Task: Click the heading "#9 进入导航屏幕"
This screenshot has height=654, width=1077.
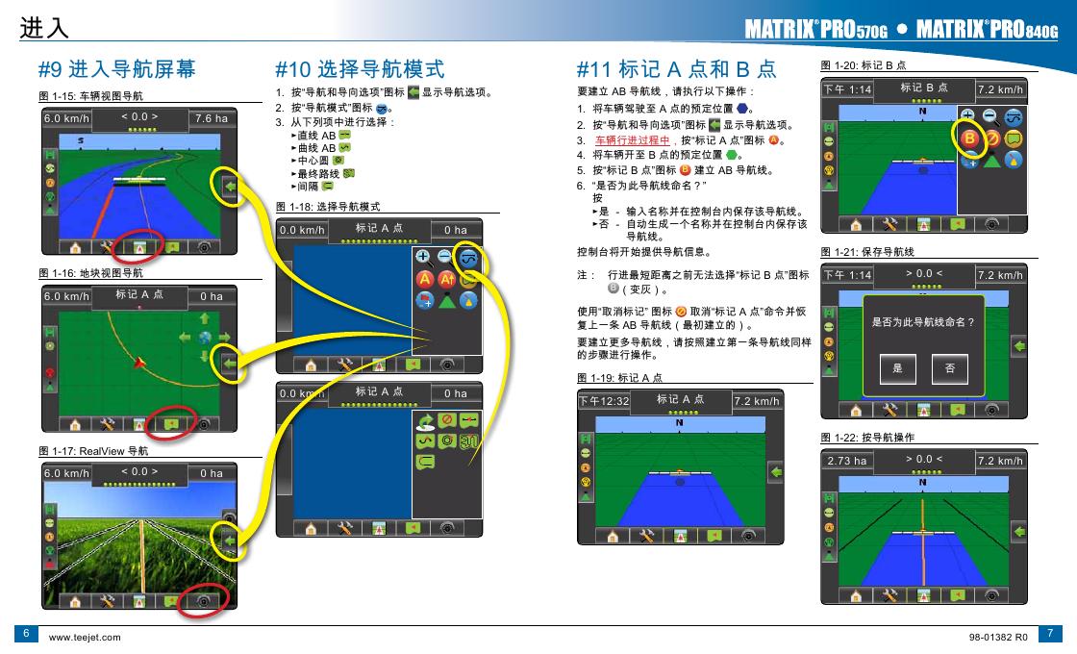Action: tap(117, 68)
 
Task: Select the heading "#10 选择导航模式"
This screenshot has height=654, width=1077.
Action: tap(360, 68)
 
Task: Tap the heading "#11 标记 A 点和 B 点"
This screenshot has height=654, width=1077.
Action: tap(677, 68)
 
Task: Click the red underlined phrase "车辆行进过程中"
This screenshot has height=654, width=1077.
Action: tap(632, 140)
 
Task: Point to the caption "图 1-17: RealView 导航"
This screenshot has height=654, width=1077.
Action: tap(93, 451)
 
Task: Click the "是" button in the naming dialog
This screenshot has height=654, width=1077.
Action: tap(897, 369)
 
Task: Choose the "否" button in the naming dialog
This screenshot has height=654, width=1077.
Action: tap(950, 369)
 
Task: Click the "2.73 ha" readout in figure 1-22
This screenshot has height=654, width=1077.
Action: tap(846, 461)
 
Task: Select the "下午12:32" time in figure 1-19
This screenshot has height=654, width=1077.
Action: tap(604, 401)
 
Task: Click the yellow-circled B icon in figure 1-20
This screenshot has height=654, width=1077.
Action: tap(969, 138)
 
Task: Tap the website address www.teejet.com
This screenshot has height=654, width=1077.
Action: tap(85, 638)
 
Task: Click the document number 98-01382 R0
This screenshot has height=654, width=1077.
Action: tap(998, 638)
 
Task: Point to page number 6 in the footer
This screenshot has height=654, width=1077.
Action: tap(26, 634)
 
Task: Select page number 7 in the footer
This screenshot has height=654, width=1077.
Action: tap(1050, 634)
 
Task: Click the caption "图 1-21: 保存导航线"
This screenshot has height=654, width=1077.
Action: tap(867, 252)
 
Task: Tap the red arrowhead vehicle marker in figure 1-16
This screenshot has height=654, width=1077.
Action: tap(140, 362)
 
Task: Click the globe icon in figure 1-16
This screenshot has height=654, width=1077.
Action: tap(205, 338)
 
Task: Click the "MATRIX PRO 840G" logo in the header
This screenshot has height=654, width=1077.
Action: tap(987, 29)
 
